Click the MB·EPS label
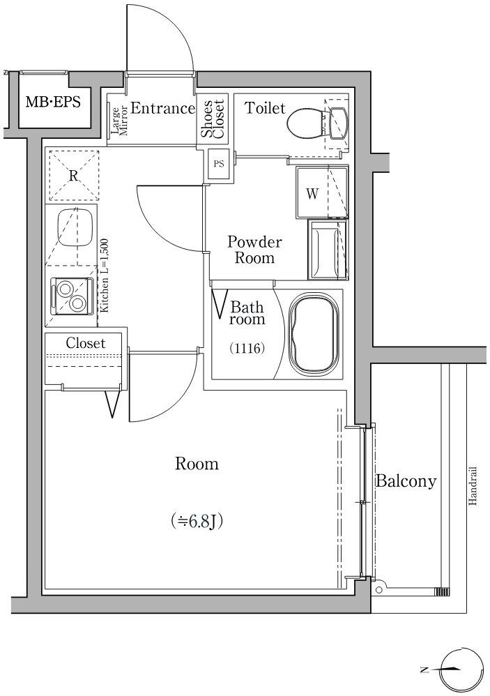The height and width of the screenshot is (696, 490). pyautogui.click(x=53, y=102)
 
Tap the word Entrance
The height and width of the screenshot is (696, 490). pyautogui.click(x=162, y=108)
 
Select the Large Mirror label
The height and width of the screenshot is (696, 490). pyautogui.click(x=119, y=120)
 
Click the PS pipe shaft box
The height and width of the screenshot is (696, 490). pyautogui.click(x=219, y=164)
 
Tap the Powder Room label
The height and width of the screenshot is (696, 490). pyautogui.click(x=254, y=250)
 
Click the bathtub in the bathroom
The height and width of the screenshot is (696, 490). pyautogui.click(x=315, y=333)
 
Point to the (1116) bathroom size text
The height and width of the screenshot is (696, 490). pyautogui.click(x=247, y=349)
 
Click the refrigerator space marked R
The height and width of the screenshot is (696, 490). pyautogui.click(x=73, y=175)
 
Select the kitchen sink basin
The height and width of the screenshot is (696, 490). pyautogui.click(x=75, y=227)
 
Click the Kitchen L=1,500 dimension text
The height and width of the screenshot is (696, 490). pyautogui.click(x=105, y=276)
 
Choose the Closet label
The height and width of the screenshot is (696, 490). pyautogui.click(x=86, y=343)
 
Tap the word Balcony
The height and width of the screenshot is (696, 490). pyautogui.click(x=406, y=481)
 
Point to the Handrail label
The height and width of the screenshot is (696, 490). pyautogui.click(x=473, y=485)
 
